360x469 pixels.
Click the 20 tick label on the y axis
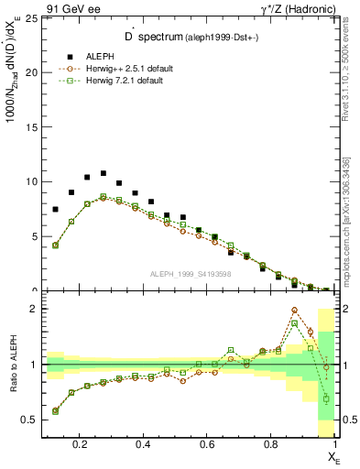pyautogui.click(x=32, y=72)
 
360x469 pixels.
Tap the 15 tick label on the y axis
pyautogui.click(x=32, y=127)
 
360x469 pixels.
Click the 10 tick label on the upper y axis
pyautogui.click(x=32, y=181)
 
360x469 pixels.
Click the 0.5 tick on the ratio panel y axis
pyautogui.click(x=30, y=420)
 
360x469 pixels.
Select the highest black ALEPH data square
pyautogui.click(x=104, y=173)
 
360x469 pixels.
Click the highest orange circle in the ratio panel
pyautogui.click(x=295, y=311)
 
